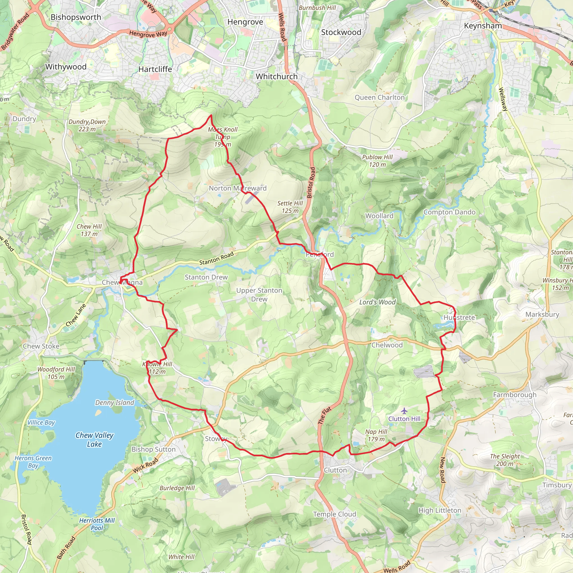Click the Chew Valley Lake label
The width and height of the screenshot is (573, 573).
coord(94,440)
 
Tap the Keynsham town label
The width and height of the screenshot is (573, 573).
coord(483,26)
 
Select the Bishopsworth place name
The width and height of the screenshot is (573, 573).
coord(76,17)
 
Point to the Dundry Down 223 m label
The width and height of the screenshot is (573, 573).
coord(87,125)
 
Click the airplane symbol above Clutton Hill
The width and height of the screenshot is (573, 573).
coord(404,411)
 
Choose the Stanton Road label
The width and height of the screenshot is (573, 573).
coord(217,258)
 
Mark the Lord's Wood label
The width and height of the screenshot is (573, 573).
coord(377,302)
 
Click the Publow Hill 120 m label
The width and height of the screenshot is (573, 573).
coord(377,161)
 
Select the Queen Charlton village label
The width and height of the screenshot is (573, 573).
coord(380,98)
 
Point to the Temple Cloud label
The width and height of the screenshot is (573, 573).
coord(335,514)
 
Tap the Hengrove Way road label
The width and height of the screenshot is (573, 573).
coord(148,34)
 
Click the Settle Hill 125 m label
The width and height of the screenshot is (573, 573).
coord(290,207)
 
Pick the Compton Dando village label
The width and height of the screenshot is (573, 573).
coord(449,212)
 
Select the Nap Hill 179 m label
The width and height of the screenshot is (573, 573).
coord(376,435)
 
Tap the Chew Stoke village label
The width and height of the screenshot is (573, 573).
coord(41,346)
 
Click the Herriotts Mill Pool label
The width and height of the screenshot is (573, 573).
coord(97,524)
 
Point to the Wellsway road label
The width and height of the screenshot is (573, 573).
coord(503,99)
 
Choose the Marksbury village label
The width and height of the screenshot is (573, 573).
coord(542,314)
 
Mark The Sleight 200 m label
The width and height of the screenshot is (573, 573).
coord(505,460)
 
